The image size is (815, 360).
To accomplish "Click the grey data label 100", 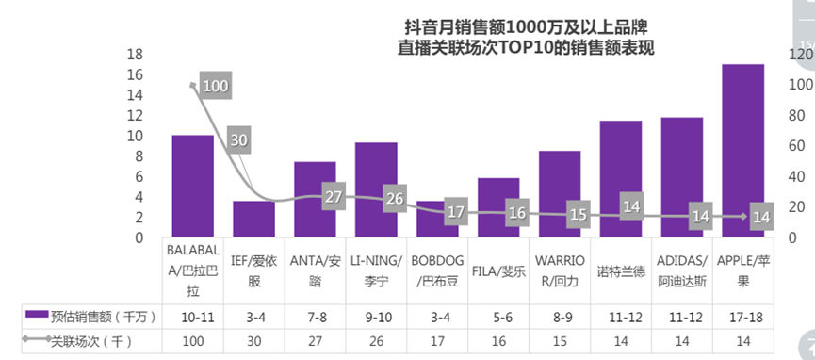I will [x=215, y=87].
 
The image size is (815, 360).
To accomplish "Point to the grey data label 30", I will [x=238, y=140].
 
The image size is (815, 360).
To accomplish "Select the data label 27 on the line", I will [x=333, y=197].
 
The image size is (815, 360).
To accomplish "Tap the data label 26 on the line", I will [x=394, y=199].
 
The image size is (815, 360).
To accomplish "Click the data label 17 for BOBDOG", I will [x=455, y=212].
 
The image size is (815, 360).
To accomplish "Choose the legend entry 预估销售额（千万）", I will [x=91, y=314].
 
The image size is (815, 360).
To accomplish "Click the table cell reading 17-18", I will [x=742, y=314].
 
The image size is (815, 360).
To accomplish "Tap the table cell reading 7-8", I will [x=315, y=314].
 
